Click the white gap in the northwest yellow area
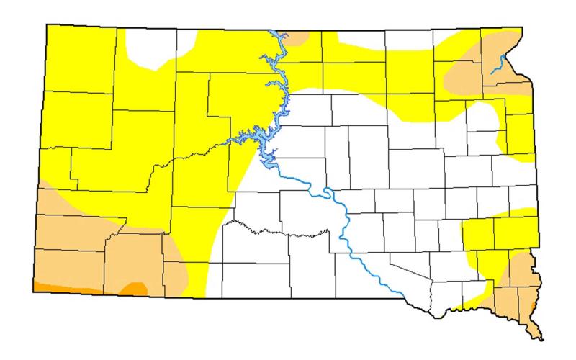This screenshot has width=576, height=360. (153, 48)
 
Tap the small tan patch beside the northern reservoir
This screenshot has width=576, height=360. (294, 37)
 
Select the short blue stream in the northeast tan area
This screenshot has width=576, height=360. (497, 66)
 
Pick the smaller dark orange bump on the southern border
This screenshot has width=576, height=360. (134, 289)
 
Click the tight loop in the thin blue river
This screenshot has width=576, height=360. (328, 192)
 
